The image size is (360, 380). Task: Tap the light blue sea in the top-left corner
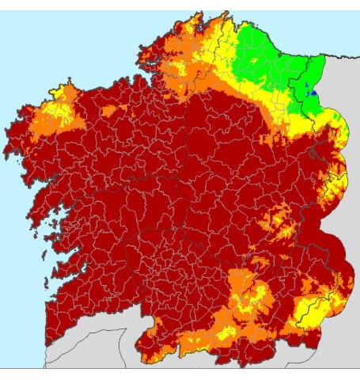32,32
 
